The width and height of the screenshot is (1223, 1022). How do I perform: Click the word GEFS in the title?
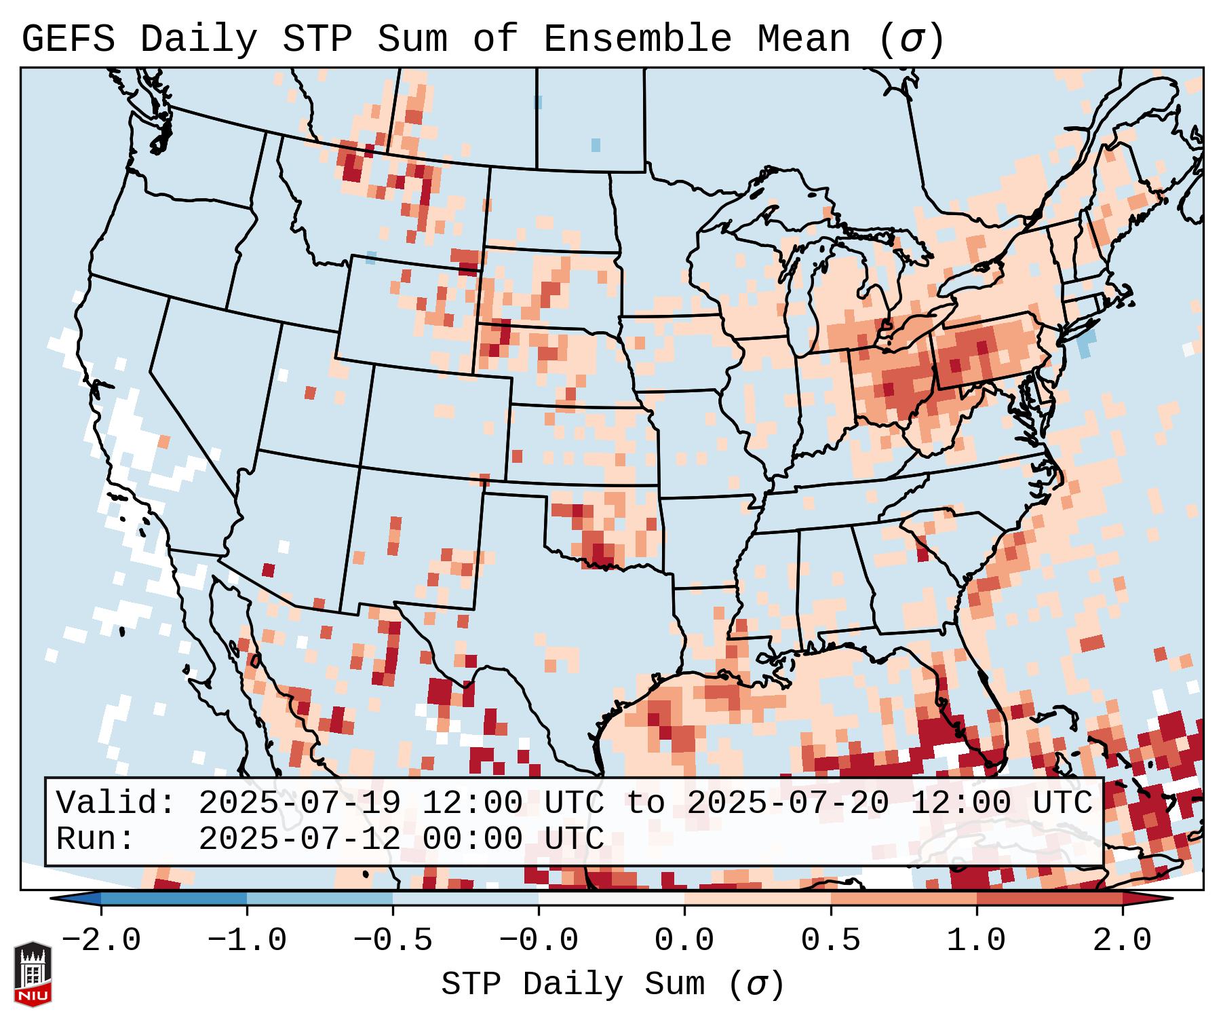click(68, 39)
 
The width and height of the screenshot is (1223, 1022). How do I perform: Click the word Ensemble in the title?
click(637, 39)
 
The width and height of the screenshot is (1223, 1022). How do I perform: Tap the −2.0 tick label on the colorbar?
click(101, 941)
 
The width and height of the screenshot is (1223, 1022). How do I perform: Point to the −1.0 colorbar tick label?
click(247, 941)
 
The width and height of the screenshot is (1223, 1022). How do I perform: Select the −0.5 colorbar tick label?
click(393, 941)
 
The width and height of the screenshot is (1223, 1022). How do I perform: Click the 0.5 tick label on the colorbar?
click(830, 941)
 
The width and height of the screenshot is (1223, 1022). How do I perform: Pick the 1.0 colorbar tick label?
click(976, 941)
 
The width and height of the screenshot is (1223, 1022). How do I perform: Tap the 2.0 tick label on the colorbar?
click(1122, 941)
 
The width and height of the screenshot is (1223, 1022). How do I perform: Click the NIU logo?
click(33, 974)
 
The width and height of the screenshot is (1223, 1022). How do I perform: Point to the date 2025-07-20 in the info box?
click(787, 803)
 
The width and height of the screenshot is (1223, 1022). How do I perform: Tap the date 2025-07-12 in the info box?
click(299, 839)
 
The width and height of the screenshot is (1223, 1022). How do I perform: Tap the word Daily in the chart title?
click(198, 39)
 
